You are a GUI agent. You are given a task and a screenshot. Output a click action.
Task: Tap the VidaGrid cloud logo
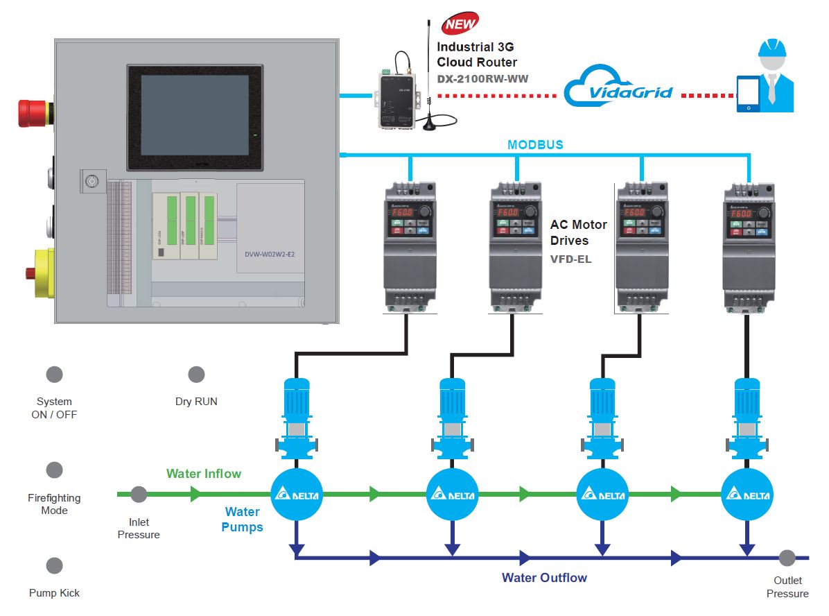(618, 91)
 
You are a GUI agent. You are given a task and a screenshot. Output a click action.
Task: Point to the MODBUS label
(535, 145)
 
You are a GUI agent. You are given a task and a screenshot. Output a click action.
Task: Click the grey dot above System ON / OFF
(54, 375)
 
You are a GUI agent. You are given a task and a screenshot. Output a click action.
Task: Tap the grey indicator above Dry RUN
(196, 375)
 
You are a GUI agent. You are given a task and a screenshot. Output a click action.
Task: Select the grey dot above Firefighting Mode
(54, 470)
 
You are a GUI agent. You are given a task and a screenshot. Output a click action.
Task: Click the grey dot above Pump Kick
(54, 565)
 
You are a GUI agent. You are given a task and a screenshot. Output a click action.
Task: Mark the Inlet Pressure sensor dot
(139, 495)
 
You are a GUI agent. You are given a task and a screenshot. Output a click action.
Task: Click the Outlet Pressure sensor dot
(787, 557)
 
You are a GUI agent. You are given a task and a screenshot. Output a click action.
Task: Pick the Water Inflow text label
(204, 474)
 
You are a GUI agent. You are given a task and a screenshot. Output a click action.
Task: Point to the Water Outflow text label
(544, 578)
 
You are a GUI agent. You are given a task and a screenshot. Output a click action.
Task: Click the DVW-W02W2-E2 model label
(270, 255)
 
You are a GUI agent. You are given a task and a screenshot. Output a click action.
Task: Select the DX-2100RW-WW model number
(482, 78)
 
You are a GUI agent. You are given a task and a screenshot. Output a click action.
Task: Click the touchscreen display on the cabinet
(195, 115)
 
